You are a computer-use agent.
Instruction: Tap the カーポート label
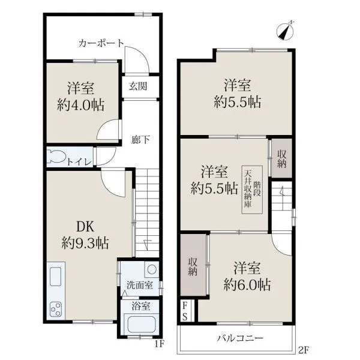(101, 43)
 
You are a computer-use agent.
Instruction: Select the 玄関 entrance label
(138, 86)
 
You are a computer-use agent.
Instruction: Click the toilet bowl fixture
(56, 157)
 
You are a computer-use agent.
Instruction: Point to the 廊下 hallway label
(140, 139)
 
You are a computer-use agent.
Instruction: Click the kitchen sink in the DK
(56, 277)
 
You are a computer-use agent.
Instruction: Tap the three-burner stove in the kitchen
(56, 309)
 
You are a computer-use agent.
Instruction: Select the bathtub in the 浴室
(141, 325)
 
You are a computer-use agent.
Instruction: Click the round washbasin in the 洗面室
(152, 269)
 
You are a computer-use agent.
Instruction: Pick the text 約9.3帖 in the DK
(85, 243)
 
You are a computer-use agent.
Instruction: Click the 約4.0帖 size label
(81, 105)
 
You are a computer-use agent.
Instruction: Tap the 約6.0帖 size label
(247, 284)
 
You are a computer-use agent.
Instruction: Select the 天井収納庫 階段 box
(252, 190)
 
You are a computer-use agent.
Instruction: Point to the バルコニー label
(240, 338)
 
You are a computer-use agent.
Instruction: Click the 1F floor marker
(160, 344)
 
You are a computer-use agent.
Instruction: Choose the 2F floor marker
(304, 350)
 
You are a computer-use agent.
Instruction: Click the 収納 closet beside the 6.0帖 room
(193, 265)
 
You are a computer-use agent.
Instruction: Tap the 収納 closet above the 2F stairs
(281, 158)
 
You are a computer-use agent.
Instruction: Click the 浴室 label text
(141, 306)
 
